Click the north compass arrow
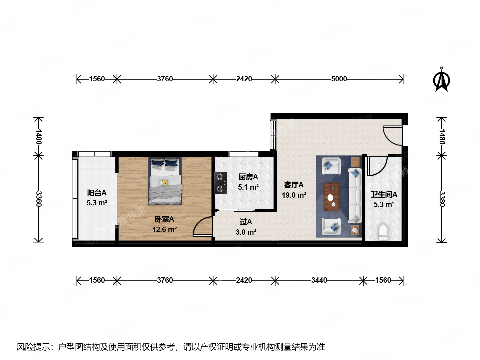442,80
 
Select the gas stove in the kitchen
220,183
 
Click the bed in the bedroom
165,182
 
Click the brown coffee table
331,197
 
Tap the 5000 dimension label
339,79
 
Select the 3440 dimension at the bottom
319,280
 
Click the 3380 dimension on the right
442,199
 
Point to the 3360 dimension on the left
39,199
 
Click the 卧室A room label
164,219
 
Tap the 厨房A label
248,177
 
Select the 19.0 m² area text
294,195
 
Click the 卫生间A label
384,195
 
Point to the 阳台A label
97,193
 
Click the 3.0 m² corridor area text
246,232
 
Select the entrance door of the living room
393,135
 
